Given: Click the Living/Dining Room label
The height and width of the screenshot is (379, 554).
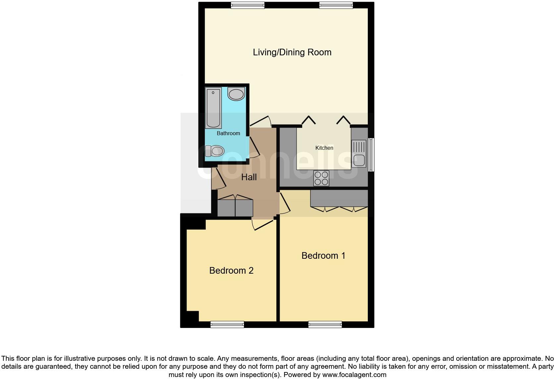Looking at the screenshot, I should point(292,52).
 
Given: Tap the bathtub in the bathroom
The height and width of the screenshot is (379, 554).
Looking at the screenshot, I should point(213,108).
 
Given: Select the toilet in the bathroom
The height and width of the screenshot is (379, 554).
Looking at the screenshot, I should point(214,151).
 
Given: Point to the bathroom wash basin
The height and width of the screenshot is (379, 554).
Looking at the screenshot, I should point(236,94).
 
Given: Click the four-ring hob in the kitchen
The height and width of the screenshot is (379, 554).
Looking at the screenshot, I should point(321,178).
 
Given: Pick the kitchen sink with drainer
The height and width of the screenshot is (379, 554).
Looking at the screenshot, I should point(359,154).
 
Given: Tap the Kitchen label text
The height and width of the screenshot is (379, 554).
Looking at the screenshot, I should point(324,148).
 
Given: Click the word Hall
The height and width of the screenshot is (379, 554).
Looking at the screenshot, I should point(249,177).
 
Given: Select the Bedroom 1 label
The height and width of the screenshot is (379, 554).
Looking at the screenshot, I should point(323,255).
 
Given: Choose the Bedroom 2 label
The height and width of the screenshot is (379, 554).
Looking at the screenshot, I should point(231,271).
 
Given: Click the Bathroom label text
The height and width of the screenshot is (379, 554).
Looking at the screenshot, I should point(228,133).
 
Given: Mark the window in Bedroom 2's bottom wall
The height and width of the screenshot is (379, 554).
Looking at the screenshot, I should point(227,324).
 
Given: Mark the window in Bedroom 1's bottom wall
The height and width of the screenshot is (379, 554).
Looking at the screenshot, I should point(325,324).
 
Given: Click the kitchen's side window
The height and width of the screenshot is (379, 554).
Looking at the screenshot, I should point(371,155).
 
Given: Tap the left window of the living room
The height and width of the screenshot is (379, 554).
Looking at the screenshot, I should point(248,5).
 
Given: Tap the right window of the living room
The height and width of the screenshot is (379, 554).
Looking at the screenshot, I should point(336,5).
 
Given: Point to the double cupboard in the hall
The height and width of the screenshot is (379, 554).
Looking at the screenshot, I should point(235,208).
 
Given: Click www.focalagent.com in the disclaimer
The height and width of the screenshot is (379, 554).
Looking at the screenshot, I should point(355,375).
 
